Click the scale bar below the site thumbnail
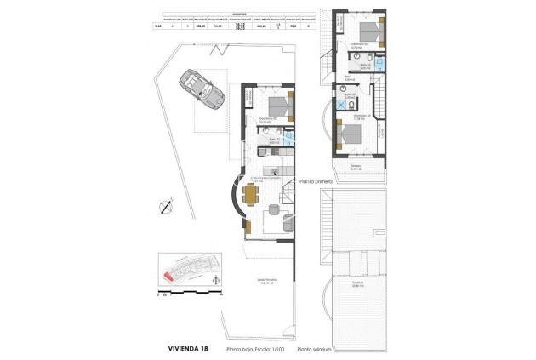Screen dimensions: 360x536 189,294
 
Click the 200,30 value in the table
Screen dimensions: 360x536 202,26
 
